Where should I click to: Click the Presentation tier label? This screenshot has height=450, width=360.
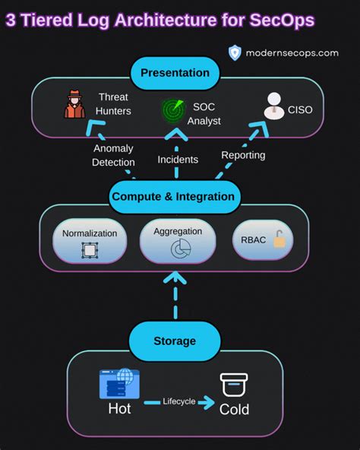coord(174,74)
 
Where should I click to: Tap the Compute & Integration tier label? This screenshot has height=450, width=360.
coord(173,196)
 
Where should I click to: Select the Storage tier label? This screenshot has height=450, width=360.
coord(174,341)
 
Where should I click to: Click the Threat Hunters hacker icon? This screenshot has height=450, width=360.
coord(74,106)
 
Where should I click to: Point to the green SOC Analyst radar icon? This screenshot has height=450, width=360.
coord(174,110)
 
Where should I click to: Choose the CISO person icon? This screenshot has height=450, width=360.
coord(273,107)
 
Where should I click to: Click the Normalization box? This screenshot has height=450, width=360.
coord(90,240)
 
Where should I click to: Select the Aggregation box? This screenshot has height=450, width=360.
coord(178,241)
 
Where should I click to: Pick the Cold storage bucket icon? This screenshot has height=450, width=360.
coord(233,386)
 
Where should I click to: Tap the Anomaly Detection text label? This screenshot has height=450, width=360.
coord(114,155)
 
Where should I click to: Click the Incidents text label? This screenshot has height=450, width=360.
coord(178,160)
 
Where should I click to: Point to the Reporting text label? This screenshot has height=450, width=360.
coord(243,155)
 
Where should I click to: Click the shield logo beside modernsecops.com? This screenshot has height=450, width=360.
coord(235,52)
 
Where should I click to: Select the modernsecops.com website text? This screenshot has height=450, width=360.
coord(292,52)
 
